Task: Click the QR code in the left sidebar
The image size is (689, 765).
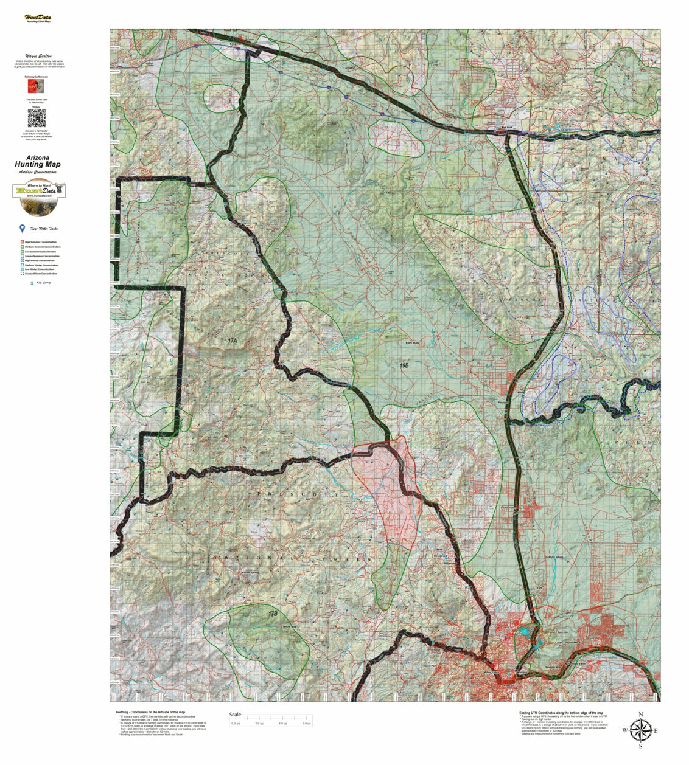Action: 38,117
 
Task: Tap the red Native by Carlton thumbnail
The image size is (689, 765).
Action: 37,88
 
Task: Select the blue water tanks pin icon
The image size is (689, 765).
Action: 23,229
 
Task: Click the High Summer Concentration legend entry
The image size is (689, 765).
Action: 41,242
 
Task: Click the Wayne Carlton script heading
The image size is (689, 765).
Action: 38,55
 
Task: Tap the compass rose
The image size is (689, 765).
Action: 640,730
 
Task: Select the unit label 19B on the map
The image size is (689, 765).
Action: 404,365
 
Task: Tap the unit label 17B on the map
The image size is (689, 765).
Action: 273,614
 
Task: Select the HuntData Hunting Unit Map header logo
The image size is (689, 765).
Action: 38,19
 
